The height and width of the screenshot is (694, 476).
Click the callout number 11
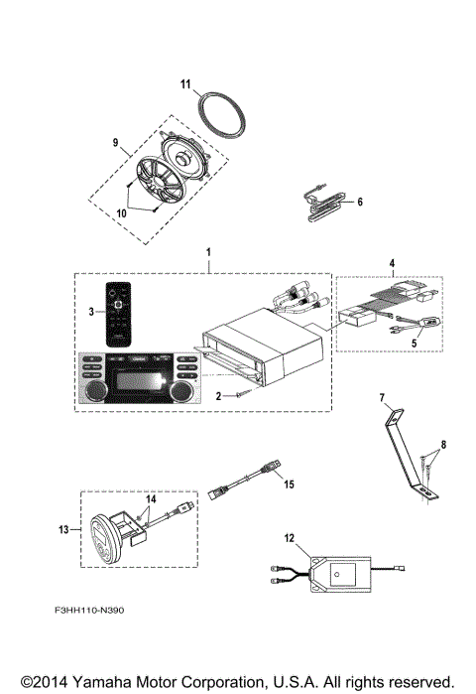[183, 85]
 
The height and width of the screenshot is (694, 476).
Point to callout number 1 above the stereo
[207, 254]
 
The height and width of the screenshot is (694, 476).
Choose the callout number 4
[393, 265]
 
